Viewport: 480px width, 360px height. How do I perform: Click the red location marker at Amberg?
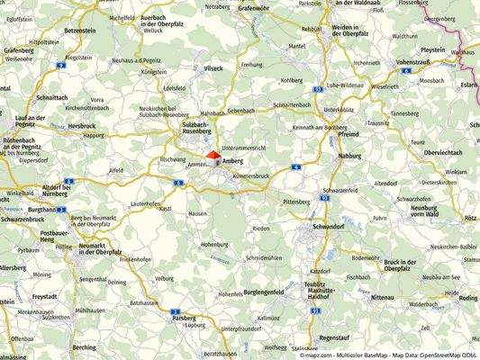click(x=213, y=156)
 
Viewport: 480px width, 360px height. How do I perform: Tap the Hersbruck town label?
click(x=81, y=125)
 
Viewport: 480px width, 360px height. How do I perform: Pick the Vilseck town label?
click(x=213, y=67)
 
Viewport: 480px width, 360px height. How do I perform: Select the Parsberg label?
click(x=184, y=317)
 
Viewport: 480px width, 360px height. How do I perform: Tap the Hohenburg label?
click(x=213, y=244)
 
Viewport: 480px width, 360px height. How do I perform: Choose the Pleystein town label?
click(x=432, y=49)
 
